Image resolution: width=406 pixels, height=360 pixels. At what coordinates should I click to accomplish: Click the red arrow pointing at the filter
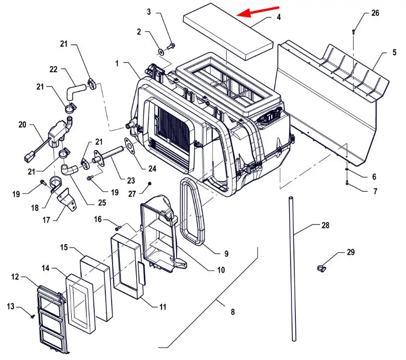[258, 11]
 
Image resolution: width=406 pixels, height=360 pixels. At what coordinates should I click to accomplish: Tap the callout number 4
[279, 17]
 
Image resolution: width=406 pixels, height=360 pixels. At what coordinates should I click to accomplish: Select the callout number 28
[325, 225]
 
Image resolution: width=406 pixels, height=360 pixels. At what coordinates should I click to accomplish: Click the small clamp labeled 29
[321, 269]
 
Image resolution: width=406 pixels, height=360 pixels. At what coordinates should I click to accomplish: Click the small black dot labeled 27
[150, 183]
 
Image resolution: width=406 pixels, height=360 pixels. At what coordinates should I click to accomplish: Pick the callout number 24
[152, 169]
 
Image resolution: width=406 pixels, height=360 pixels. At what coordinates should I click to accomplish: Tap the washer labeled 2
[161, 52]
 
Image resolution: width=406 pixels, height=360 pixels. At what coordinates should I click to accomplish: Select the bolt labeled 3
[171, 47]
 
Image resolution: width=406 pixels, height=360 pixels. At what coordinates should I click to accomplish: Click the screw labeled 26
[353, 32]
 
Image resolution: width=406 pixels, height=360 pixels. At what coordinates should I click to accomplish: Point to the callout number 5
[394, 52]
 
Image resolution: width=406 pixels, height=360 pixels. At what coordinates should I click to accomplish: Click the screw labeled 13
[33, 316]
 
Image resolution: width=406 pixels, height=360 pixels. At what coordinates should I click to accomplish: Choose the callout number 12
[15, 277]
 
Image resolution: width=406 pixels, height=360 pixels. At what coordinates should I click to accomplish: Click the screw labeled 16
[118, 228]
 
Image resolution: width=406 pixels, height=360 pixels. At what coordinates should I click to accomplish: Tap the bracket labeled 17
[67, 199]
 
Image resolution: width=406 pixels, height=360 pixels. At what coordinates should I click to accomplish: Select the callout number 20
[23, 124]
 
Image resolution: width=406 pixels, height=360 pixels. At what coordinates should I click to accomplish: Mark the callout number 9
[226, 254]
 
